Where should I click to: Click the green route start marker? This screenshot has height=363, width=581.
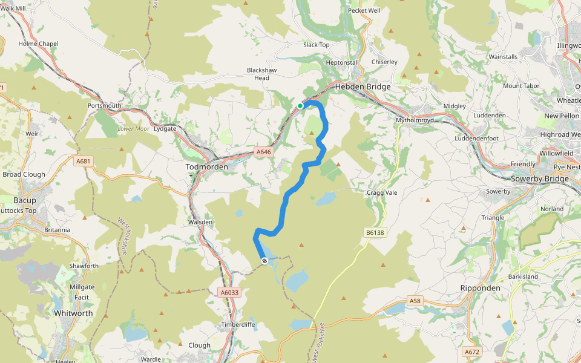300,106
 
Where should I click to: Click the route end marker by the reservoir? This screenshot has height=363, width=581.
264,261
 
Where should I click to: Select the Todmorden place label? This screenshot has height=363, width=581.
206,167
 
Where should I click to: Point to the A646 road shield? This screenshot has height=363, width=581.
263,152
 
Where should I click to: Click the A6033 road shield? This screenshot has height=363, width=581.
230,292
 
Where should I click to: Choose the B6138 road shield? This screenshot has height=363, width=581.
375,232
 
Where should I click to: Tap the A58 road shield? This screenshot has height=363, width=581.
415,301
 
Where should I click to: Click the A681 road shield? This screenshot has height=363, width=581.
84,162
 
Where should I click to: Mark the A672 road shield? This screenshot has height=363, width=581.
472,352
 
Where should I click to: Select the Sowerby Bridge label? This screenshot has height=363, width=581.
540,179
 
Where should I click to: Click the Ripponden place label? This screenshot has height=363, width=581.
481,288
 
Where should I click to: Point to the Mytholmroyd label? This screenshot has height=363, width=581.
416,120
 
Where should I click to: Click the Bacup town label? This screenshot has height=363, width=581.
25,200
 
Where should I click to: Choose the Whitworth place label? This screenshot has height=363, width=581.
73,313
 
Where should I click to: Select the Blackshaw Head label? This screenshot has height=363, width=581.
261,74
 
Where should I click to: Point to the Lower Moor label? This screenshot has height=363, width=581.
133,129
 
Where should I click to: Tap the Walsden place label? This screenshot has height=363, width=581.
200,222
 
